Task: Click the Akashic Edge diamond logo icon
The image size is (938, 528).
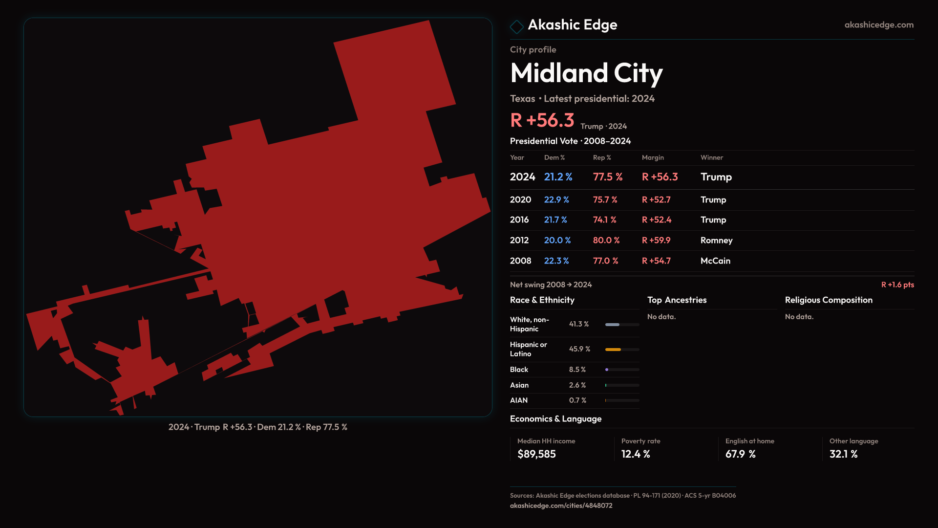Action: pyautogui.click(x=516, y=26)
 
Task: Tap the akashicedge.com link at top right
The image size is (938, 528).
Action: pyautogui.click(x=878, y=25)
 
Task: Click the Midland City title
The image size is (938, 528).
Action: pyautogui.click(x=586, y=73)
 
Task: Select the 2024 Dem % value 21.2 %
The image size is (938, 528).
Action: pyautogui.click(x=558, y=177)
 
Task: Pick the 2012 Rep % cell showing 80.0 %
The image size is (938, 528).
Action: pyautogui.click(x=606, y=241)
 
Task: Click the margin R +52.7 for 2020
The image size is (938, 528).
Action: pyautogui.click(x=656, y=200)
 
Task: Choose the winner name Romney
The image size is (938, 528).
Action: pyautogui.click(x=716, y=241)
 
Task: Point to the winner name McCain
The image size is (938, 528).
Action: pyautogui.click(x=715, y=261)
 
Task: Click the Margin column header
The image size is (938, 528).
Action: pyautogui.click(x=653, y=158)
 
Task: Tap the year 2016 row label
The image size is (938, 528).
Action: pyautogui.click(x=519, y=220)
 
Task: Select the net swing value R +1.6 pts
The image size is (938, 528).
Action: pyautogui.click(x=897, y=285)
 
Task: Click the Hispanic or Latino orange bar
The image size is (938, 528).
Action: pyautogui.click(x=613, y=350)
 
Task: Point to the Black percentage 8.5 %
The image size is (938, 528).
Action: pyautogui.click(x=577, y=370)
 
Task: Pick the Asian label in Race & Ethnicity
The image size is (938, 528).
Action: pyautogui.click(x=519, y=385)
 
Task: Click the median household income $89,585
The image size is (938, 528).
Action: pyautogui.click(x=536, y=454)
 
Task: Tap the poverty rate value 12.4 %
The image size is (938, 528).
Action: pyautogui.click(x=635, y=454)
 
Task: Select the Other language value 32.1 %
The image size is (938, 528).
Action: pyautogui.click(x=843, y=454)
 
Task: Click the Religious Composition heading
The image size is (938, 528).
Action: pyautogui.click(x=828, y=300)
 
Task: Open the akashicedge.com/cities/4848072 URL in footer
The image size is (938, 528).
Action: pyautogui.click(x=561, y=506)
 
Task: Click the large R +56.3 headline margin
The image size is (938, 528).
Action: pyautogui.click(x=542, y=120)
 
